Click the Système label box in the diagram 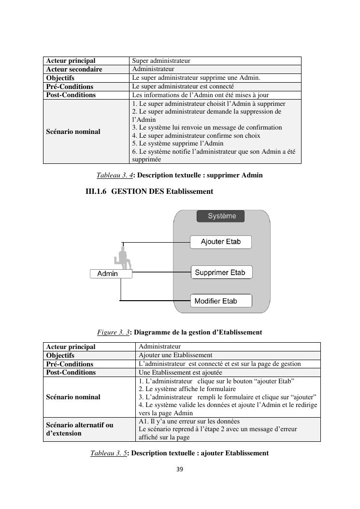click(x=220, y=216)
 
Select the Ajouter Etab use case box click(x=220, y=242)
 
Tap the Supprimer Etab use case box click(x=221, y=273)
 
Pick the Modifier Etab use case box click(x=221, y=301)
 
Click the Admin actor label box click(x=111, y=274)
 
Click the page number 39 click(x=180, y=469)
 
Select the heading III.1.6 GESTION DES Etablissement click(x=149, y=191)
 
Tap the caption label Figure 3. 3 click(x=113, y=332)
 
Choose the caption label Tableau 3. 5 click(x=109, y=453)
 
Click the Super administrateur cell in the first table click(x=161, y=61)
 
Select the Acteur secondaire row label click(x=74, y=69)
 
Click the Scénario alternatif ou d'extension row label click(x=80, y=429)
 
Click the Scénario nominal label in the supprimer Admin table click(x=73, y=131)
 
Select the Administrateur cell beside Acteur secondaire click(x=153, y=69)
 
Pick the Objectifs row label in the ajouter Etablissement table click(x=60, y=355)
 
